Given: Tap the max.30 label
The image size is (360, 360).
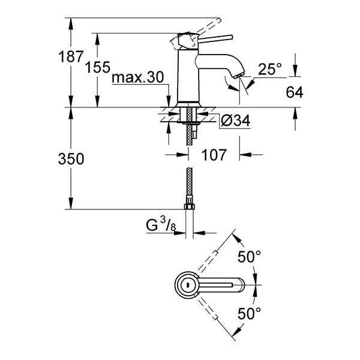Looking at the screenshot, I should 138,78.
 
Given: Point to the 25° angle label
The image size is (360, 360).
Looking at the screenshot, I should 270,69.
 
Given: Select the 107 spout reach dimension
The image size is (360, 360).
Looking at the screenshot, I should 214,155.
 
